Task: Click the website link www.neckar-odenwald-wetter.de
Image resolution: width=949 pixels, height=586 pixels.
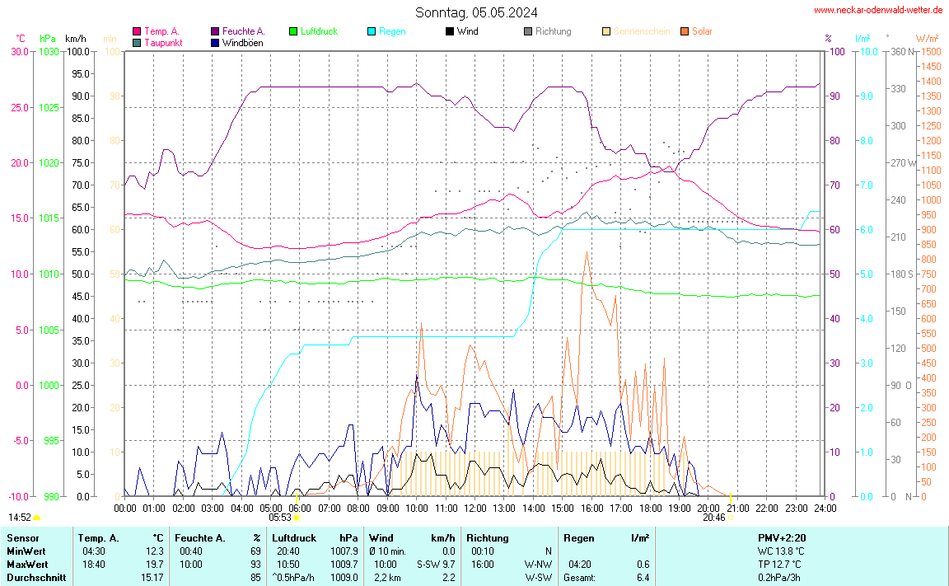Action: (x=877, y=10)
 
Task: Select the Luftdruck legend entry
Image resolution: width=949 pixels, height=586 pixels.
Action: (x=319, y=31)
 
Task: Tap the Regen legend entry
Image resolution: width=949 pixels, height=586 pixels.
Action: (x=392, y=31)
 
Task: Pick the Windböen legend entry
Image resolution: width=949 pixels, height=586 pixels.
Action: (x=243, y=42)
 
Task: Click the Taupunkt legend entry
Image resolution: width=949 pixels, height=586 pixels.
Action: (x=163, y=42)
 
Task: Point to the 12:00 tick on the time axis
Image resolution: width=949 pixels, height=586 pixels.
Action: (x=474, y=508)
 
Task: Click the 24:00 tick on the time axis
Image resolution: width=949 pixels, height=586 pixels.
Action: (x=825, y=508)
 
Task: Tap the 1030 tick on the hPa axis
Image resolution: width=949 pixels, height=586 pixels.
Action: (x=49, y=51)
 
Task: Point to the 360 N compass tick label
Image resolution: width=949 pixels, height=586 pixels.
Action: (x=898, y=51)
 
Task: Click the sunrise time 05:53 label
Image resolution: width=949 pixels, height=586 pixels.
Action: (x=279, y=518)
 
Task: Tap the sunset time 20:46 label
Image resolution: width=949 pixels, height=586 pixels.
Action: (x=713, y=518)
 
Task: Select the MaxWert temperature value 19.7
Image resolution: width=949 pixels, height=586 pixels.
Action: (x=155, y=565)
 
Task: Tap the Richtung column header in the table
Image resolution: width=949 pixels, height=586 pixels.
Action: (x=488, y=537)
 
